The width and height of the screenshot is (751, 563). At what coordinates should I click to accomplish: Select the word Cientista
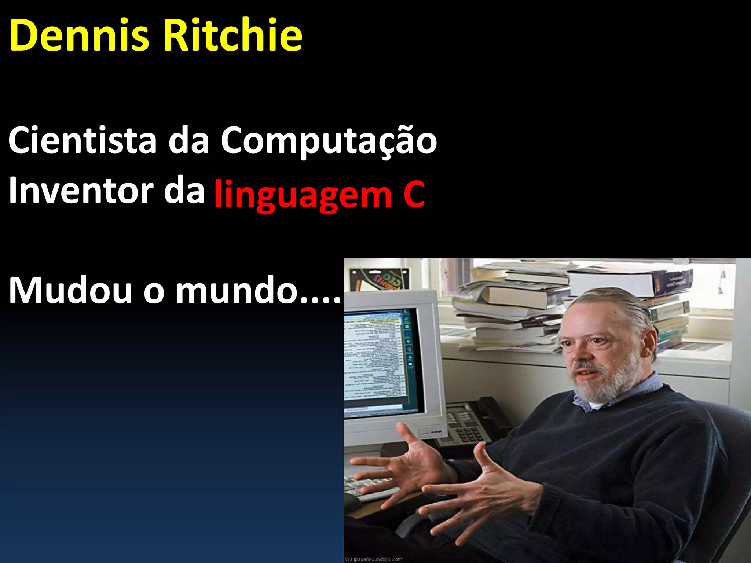pos(83,140)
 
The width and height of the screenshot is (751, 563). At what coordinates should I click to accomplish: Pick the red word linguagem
pos(303,194)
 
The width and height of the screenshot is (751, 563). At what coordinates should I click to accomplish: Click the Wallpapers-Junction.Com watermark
pos(373,559)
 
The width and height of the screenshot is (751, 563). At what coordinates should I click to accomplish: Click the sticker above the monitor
pos(380,279)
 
